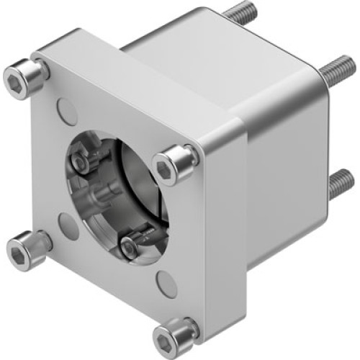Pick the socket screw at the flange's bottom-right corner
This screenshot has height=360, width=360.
(x=174, y=332)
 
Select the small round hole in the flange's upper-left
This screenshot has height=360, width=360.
(x=66, y=112)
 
